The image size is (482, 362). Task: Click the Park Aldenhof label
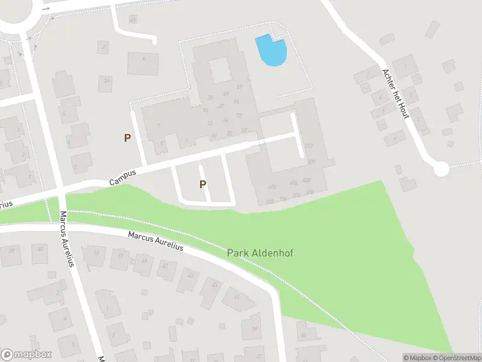[x=260, y=253]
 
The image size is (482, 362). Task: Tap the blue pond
[x=271, y=51]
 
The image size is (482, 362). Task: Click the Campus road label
[x=123, y=176]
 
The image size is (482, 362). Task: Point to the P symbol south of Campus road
[x=203, y=184]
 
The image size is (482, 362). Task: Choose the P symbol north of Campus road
[x=127, y=138]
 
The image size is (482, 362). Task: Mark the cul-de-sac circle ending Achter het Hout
[x=442, y=169]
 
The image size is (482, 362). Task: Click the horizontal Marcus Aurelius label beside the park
[x=155, y=241]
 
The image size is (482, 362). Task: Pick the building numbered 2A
[x=107, y=80]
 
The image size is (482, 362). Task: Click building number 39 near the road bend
[x=254, y=329]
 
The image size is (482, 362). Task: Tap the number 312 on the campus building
[x=310, y=146]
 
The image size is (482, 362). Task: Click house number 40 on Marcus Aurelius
[x=40, y=249]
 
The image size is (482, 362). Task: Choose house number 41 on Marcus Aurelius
[x=236, y=296]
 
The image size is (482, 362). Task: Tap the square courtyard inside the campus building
[x=220, y=70]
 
